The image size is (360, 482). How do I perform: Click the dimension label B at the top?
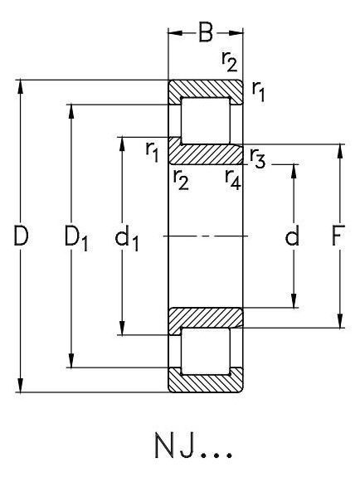click(206, 32)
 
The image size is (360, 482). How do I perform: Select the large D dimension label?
click(21, 236)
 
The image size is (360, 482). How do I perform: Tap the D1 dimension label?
click(76, 238)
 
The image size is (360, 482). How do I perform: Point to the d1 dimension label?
click(126, 239)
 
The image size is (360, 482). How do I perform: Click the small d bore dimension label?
click(292, 236)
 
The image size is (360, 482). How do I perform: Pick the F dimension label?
click(338, 236)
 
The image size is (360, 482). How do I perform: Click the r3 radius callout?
click(257, 158)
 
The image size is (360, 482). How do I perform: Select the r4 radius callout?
click(233, 180)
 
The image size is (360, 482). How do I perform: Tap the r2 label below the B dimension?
click(229, 61)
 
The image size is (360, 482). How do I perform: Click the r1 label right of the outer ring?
click(258, 91)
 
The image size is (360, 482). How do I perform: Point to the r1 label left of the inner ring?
click(152, 152)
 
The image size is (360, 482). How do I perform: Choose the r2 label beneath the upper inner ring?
click(181, 180)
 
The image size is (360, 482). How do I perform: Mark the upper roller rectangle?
click(206, 121)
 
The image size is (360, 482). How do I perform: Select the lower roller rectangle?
click(206, 352)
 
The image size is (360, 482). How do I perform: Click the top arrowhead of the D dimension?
click(21, 86)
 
